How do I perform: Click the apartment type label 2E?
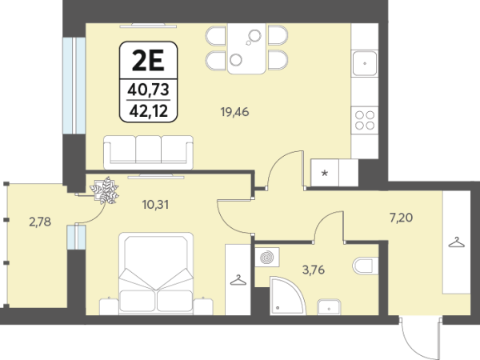click(148, 61)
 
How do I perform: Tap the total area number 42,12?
click(149, 111)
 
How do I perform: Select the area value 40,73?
click(149, 90)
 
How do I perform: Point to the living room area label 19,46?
click(234, 112)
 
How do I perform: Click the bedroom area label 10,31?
click(155, 205)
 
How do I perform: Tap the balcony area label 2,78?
click(40, 222)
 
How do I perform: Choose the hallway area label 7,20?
click(401, 218)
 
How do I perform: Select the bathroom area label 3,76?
click(314, 270)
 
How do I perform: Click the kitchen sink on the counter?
click(365, 64)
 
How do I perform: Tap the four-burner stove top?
click(365, 120)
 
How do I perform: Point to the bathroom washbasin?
click(329, 307)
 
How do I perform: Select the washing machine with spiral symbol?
click(267, 257)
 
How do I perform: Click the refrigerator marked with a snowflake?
click(325, 173)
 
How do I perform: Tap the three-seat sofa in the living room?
click(149, 153)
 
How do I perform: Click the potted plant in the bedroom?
click(105, 190)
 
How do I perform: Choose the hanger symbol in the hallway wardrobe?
click(457, 242)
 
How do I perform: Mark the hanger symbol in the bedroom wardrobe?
click(238, 280)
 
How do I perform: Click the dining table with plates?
click(246, 48)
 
